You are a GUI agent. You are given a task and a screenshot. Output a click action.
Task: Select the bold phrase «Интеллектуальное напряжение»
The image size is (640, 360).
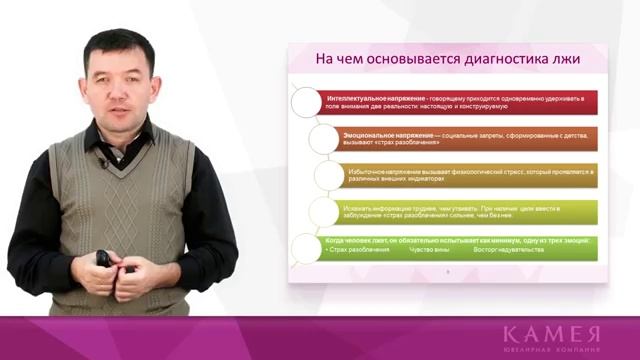(374, 99)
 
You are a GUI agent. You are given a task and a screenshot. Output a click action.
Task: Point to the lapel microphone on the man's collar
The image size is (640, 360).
(101, 162)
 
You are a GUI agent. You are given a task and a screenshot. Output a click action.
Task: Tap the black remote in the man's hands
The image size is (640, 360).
(103, 259)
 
